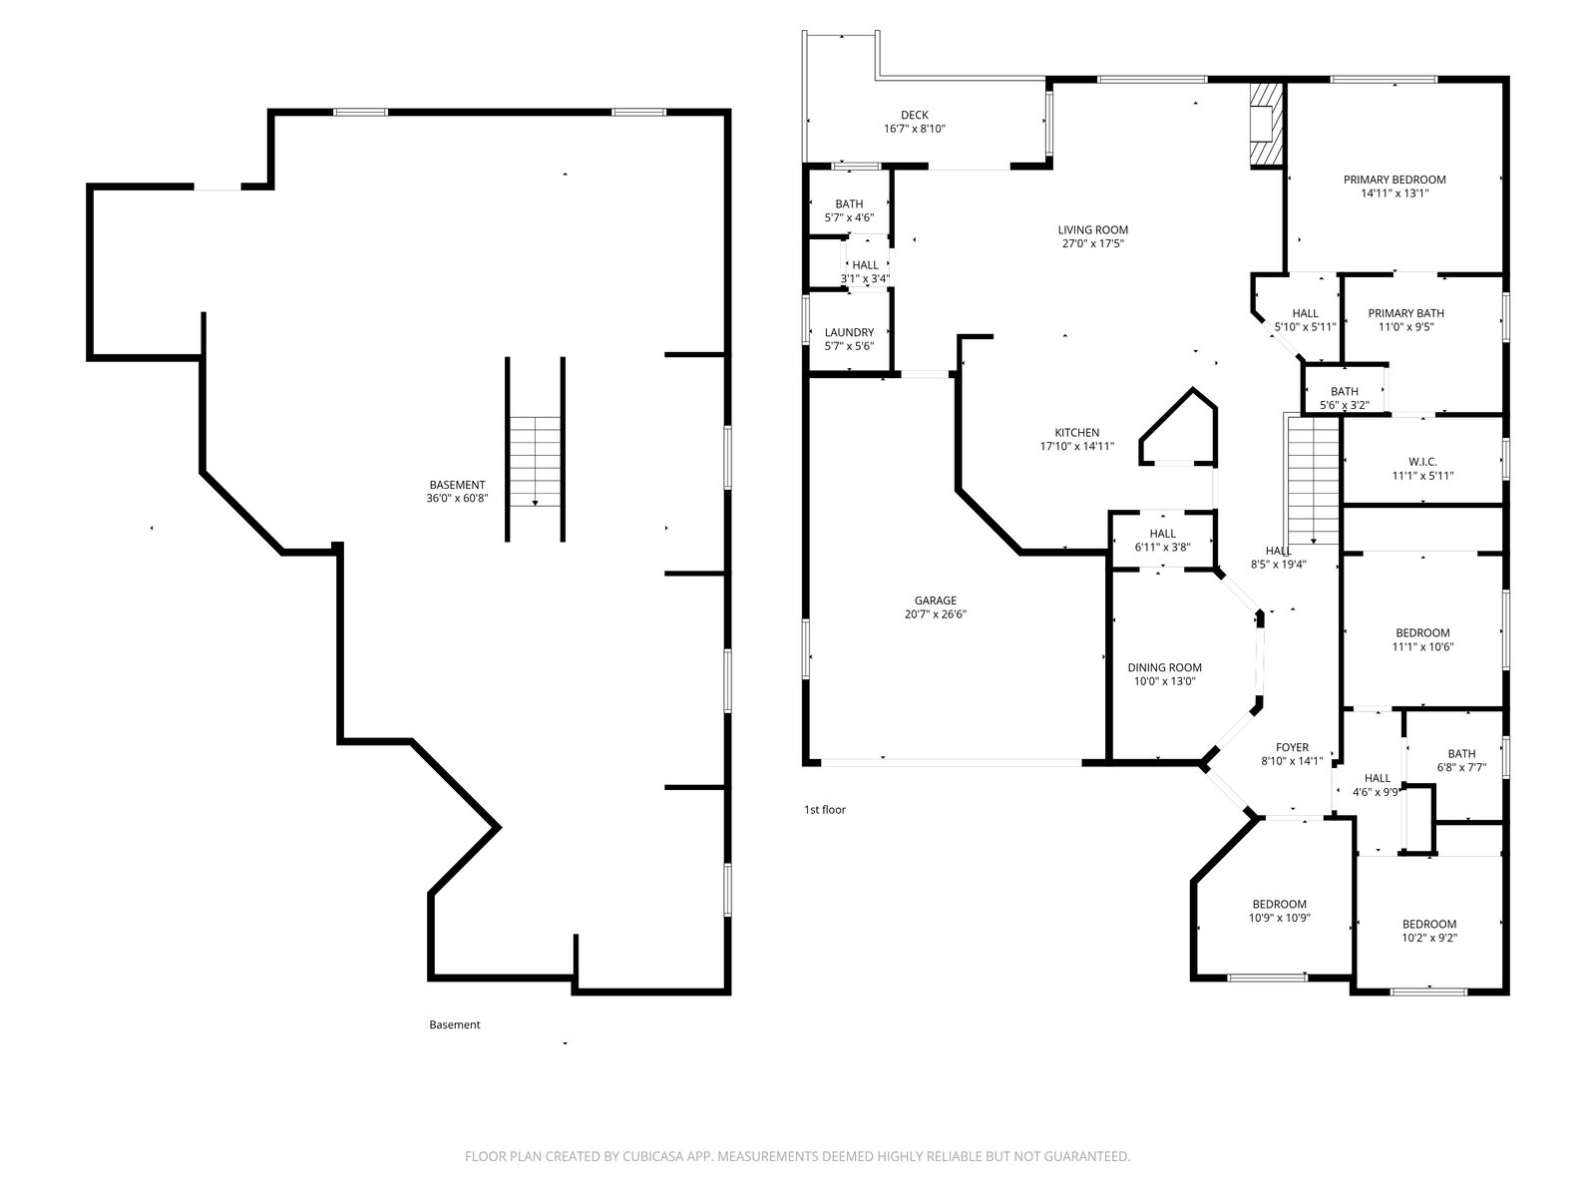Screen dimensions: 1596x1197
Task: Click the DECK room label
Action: (914, 115)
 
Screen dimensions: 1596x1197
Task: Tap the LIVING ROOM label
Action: (1093, 229)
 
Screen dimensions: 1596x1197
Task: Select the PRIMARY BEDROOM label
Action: (1395, 180)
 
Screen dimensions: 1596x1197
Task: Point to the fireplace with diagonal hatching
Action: (1266, 125)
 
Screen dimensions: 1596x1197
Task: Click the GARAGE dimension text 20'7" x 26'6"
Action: (935, 614)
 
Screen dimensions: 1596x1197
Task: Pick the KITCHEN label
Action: (1077, 433)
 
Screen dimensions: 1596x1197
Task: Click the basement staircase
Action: (535, 462)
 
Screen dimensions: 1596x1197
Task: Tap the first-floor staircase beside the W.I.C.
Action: (1313, 480)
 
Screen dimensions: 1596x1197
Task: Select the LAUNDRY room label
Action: (849, 332)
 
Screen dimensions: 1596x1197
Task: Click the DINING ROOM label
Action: (1164, 667)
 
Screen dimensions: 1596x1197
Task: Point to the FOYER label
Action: (1292, 747)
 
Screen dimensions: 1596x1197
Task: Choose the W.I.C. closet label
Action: (1422, 462)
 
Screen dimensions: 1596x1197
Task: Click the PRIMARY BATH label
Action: (1405, 313)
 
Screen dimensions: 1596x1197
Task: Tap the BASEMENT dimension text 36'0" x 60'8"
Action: (457, 499)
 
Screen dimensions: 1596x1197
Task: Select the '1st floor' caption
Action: (825, 810)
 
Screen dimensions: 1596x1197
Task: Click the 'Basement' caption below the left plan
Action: (455, 1024)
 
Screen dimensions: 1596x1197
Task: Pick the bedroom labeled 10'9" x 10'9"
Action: (1279, 911)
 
